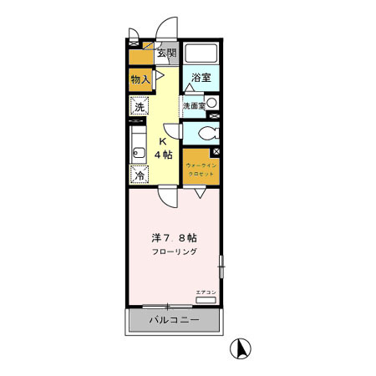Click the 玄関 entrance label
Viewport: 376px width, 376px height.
pyautogui.click(x=166, y=54)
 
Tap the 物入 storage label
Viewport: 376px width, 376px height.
pyautogui.click(x=140, y=79)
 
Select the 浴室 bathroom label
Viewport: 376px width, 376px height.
pyautogui.click(x=200, y=78)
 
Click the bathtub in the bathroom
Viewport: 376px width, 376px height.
pyautogui.click(x=201, y=54)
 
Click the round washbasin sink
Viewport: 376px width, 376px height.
pyautogui.click(x=211, y=103)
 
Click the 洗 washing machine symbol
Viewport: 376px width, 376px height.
pyautogui.click(x=140, y=108)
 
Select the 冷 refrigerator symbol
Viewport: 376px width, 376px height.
pyautogui.click(x=140, y=175)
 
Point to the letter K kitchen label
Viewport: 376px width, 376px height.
pyautogui.click(x=163, y=142)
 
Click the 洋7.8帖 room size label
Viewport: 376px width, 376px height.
pyautogui.click(x=174, y=236)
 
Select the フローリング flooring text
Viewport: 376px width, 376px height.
pyautogui.click(x=174, y=251)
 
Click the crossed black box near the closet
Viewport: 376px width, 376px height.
pyautogui.click(x=216, y=152)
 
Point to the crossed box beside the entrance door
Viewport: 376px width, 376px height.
pyautogui.click(x=134, y=38)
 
